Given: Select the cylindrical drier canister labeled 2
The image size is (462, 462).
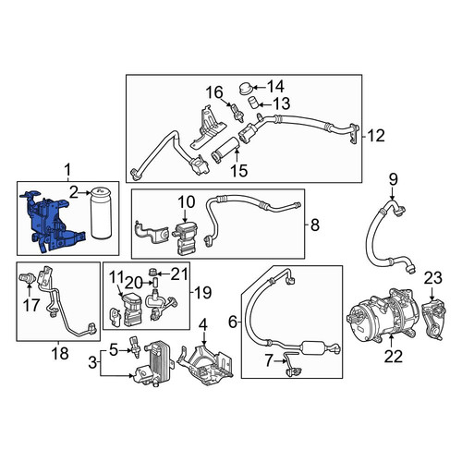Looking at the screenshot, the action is click(100, 213).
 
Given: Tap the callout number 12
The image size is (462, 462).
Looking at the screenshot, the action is click(376, 136).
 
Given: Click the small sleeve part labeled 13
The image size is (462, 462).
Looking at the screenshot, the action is click(252, 103).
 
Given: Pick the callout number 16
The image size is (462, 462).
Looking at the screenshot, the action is click(214, 92).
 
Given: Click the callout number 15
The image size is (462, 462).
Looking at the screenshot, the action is click(239, 170).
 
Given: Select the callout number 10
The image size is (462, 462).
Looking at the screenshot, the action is click(187, 202).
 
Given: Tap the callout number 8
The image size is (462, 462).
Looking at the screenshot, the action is click(315, 225).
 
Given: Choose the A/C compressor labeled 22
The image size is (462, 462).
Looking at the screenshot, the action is click(383, 315).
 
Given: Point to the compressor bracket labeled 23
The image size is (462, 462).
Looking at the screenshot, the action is click(433, 322).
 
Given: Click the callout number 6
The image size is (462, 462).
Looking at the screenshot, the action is click(233, 322).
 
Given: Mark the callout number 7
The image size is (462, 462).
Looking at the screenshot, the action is click(269, 360).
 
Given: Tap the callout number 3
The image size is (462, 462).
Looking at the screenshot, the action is click(92, 363).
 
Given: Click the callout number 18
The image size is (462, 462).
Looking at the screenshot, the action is click(60, 353).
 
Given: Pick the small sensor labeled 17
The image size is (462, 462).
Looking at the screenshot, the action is click(25, 278).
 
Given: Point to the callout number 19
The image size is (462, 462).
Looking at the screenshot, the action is click(202, 292).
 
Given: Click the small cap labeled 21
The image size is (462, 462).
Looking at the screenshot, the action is click(153, 273).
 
